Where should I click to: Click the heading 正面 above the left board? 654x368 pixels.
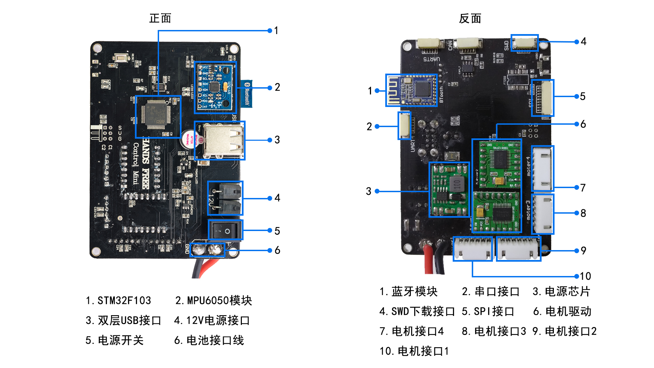coord(160,18)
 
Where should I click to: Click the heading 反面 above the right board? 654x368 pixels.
coord(470,19)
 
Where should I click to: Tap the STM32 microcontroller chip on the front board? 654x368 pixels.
coord(158,116)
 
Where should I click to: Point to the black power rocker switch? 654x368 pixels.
coord(225,231)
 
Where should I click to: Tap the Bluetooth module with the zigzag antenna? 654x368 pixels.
coord(411,90)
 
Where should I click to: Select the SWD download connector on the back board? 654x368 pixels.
coord(525,43)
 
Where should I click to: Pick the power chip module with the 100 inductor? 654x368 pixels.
coord(449,189)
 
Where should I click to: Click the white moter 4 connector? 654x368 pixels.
coord(543,168)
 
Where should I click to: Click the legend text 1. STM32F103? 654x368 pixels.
coord(118,301)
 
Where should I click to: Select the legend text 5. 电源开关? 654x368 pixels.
coord(114,340)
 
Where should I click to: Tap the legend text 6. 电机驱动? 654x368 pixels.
coord(562,311)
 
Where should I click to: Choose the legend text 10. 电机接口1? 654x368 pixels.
coord(414,351)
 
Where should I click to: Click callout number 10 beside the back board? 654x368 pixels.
coord(585,276)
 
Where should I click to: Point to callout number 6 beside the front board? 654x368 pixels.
coord(277,250)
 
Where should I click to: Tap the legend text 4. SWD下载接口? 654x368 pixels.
coord(417,311)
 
